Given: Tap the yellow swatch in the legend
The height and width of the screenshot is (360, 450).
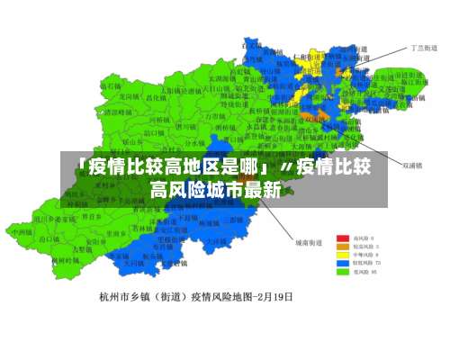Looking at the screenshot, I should click(343, 255).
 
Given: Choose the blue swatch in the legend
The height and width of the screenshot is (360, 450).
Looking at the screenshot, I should click(343, 263).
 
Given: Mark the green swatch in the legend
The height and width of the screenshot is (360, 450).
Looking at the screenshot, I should click(343, 271).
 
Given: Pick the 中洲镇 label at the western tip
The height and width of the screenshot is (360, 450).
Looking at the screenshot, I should click(20, 231).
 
